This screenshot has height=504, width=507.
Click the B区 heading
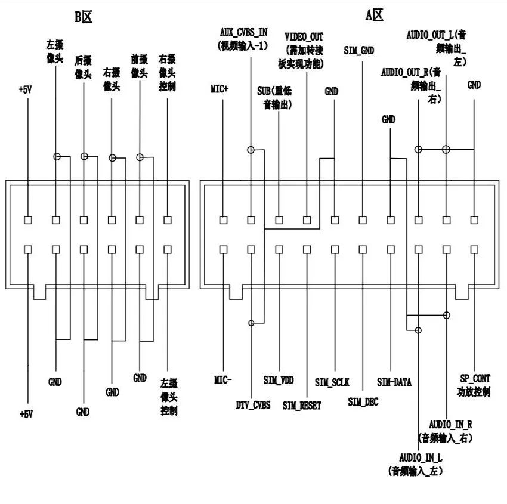[x=83, y=17]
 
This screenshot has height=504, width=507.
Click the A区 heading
[x=374, y=16]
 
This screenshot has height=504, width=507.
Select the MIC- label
[x=222, y=379]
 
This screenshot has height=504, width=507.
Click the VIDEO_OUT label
[x=304, y=37]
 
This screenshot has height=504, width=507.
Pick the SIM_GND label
[x=359, y=51]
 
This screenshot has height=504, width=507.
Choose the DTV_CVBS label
[x=253, y=404]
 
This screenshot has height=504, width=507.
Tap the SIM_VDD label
[x=278, y=379]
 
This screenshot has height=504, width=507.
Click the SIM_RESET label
[x=302, y=406]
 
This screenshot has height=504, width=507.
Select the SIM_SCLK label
[x=332, y=381]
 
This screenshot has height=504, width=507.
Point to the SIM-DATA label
[x=394, y=381]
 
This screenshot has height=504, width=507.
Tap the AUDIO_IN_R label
[x=451, y=425]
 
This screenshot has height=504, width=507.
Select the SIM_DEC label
[x=363, y=402]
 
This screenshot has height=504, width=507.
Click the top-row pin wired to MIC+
[x=223, y=219]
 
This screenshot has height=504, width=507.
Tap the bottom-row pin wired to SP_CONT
[x=474, y=249]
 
